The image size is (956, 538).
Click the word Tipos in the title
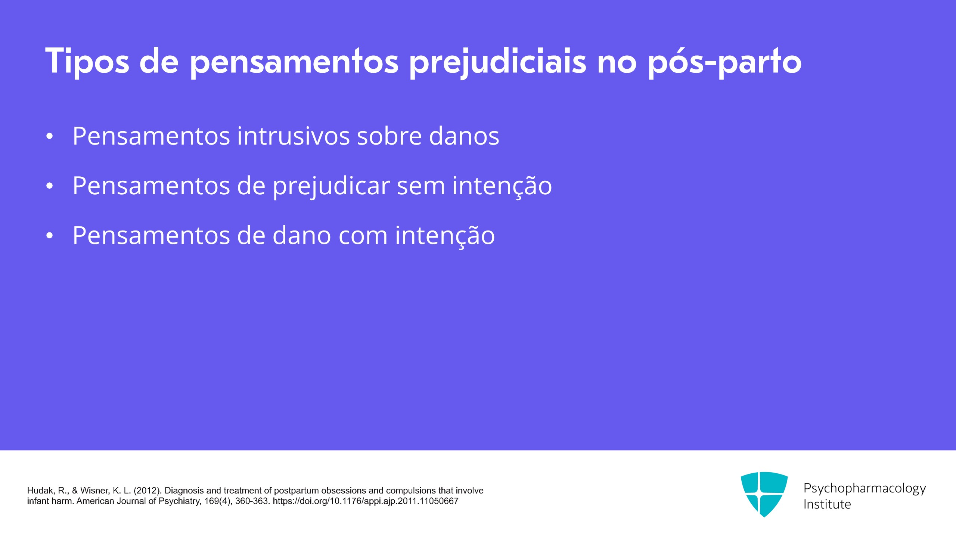click(x=87, y=61)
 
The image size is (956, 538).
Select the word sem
click(x=421, y=186)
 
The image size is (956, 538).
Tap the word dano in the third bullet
click(x=302, y=235)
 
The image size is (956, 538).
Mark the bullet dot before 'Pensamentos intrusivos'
click(x=50, y=137)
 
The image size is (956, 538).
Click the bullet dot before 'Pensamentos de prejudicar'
click(x=50, y=186)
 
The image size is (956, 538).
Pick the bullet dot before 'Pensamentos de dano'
click(x=50, y=236)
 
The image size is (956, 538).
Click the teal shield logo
click(x=764, y=494)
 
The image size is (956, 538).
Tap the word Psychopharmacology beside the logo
click(x=865, y=488)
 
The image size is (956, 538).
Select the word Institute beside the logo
click(x=827, y=504)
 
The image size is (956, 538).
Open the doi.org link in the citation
click(x=366, y=501)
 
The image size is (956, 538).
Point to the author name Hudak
click(x=41, y=491)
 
